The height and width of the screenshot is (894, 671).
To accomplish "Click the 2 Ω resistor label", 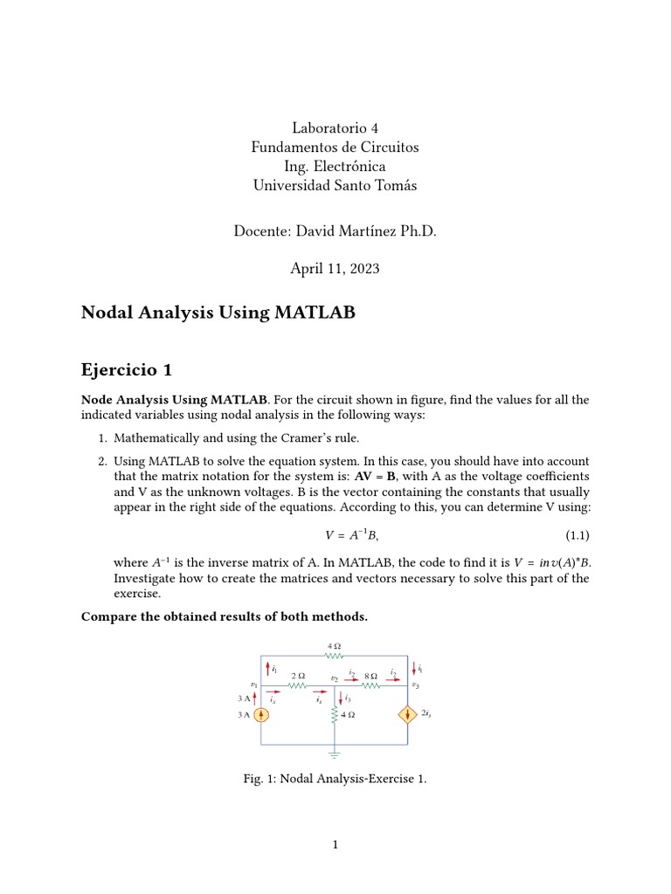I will [297, 676].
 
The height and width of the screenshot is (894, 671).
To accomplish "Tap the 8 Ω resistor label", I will [370, 676].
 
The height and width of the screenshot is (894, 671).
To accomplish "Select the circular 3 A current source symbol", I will [261, 714].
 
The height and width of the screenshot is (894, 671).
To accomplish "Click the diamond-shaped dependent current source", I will [407, 714].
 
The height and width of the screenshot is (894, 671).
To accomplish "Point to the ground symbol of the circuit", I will [335, 751].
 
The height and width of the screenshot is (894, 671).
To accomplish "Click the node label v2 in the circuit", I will [334, 678].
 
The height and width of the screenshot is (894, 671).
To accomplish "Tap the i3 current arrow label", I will [348, 698].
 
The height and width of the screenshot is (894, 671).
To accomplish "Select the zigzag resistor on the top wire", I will [334, 654].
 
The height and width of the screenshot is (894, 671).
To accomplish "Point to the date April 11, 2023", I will [335, 269].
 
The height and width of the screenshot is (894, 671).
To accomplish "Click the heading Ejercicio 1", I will [126, 370].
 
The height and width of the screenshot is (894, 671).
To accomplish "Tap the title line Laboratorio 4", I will [335, 128].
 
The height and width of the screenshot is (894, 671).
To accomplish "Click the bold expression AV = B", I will [375, 478].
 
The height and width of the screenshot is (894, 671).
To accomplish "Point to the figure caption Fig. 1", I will [335, 779].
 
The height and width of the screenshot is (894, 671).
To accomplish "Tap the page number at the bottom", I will [335, 845].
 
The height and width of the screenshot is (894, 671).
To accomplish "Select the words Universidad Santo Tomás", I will [335, 185].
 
